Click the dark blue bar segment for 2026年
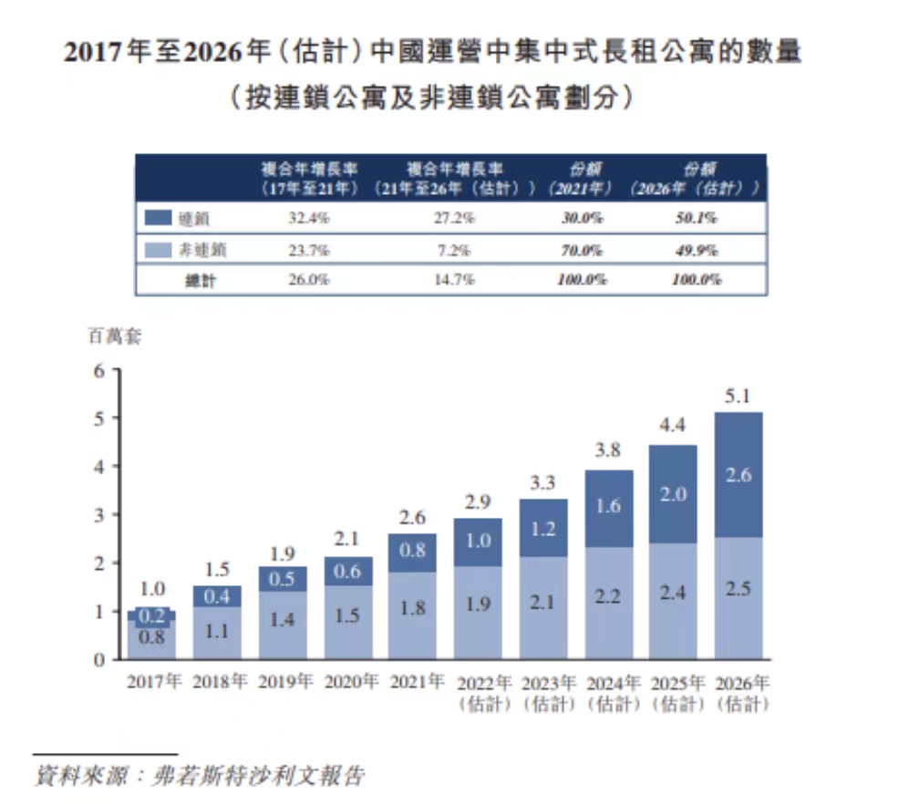pyautogui.click(x=738, y=474)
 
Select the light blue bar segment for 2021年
pyautogui.click(x=412, y=615)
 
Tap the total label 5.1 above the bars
pyautogui.click(x=738, y=397)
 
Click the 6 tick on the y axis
pyautogui.click(x=101, y=370)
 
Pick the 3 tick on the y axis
pyautogui.click(x=101, y=515)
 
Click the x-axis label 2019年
pyautogui.click(x=283, y=682)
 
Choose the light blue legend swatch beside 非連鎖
pyautogui.click(x=158, y=249)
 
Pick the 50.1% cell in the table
pyautogui.click(x=695, y=219)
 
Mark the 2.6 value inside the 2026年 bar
pyautogui.click(x=738, y=474)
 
